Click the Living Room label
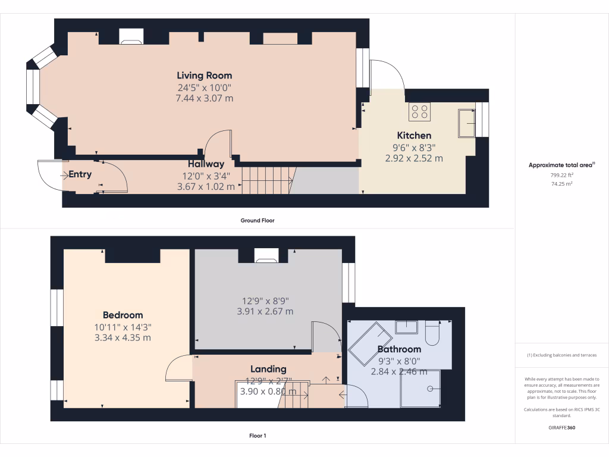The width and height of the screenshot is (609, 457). point(204,76)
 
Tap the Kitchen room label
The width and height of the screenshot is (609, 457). point(414,136)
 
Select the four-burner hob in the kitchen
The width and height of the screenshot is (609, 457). point(419,112)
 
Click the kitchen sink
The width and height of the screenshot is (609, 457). point(467,123)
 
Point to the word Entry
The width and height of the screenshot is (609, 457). point(80,174)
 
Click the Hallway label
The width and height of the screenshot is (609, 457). point(206,164)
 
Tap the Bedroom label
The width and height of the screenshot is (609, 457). point(123,315)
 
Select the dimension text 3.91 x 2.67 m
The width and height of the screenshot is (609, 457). point(265,311)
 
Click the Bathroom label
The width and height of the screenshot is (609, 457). point(399,349)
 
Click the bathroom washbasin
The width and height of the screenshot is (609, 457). point(407,327)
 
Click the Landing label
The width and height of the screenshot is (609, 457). point(268,369)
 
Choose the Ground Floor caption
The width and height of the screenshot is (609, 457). point(257,220)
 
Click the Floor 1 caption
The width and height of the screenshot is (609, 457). point(258,436)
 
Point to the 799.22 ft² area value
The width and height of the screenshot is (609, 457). point(561,176)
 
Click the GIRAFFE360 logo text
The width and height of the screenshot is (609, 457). point(561,428)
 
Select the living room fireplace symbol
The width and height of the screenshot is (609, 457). point(131,38)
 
